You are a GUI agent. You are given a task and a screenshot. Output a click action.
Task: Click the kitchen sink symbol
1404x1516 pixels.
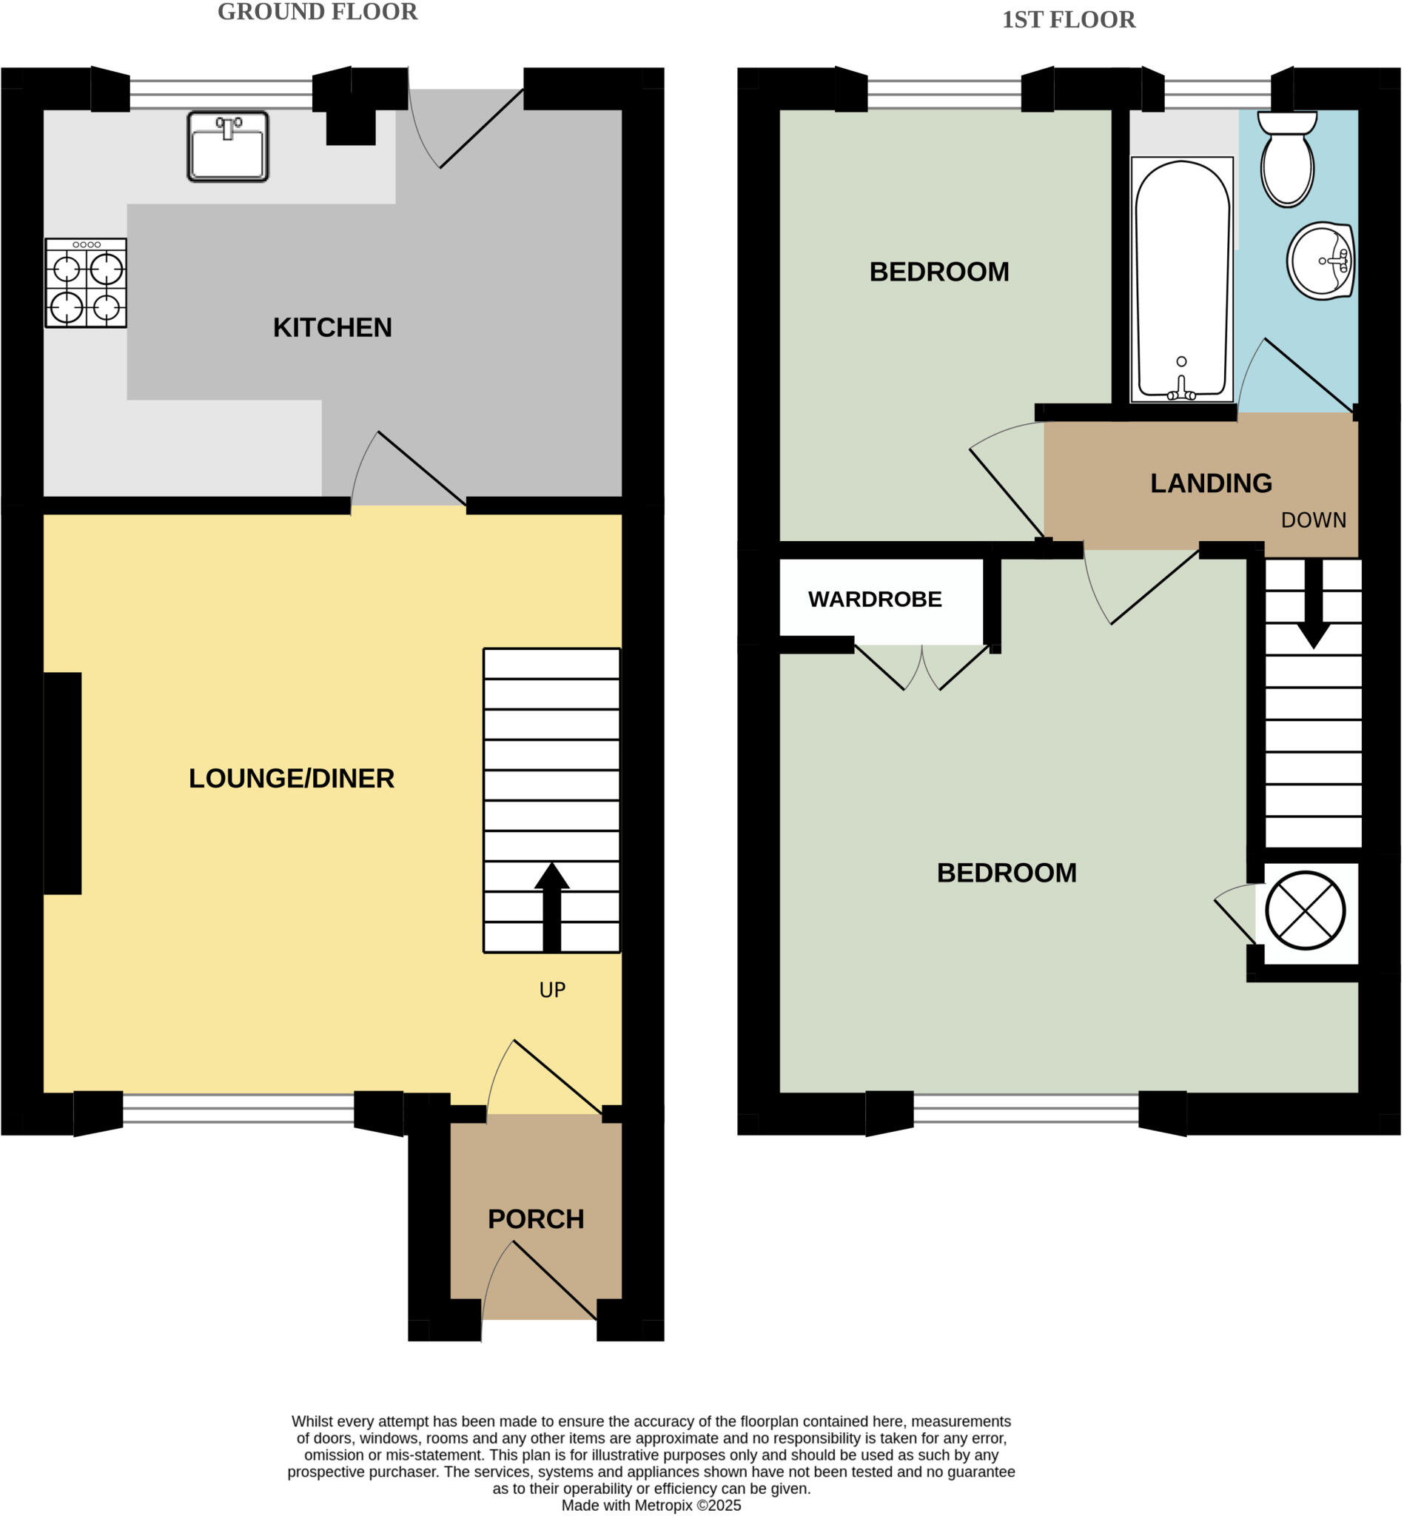(228, 147)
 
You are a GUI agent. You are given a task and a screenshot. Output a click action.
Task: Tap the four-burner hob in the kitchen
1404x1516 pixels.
(86, 284)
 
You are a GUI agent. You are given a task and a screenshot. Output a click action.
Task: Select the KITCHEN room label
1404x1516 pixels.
(333, 327)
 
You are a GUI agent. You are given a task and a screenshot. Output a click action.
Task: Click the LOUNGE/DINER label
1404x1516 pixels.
(291, 779)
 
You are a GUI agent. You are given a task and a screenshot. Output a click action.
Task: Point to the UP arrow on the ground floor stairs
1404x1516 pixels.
(551, 908)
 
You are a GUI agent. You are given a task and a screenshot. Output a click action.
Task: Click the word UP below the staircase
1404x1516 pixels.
(552, 990)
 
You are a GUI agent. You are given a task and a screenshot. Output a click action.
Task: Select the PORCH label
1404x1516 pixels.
(536, 1220)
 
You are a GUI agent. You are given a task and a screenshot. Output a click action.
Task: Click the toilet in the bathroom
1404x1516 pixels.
(1287, 161)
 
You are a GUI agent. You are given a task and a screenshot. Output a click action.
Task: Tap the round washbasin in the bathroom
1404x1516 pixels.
(1321, 261)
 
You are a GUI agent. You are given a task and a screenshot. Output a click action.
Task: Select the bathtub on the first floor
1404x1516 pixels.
(1181, 279)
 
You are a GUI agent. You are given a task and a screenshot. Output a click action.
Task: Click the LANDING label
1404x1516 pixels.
(1211, 483)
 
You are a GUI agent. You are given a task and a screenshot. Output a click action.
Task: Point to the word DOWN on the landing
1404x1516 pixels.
(1314, 520)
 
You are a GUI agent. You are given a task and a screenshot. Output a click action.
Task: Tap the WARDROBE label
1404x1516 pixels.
(875, 600)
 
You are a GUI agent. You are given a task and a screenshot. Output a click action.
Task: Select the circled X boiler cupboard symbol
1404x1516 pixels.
(1306, 910)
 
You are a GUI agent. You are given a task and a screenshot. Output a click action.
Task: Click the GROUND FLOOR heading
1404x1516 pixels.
(318, 12)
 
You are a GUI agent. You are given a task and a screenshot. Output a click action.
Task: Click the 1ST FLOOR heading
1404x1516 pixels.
(1068, 20)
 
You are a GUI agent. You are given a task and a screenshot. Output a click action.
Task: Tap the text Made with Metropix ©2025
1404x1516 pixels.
(651, 1506)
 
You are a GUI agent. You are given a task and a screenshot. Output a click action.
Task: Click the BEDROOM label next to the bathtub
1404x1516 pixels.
(939, 272)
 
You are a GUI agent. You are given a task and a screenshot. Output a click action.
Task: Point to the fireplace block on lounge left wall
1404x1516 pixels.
(62, 783)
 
